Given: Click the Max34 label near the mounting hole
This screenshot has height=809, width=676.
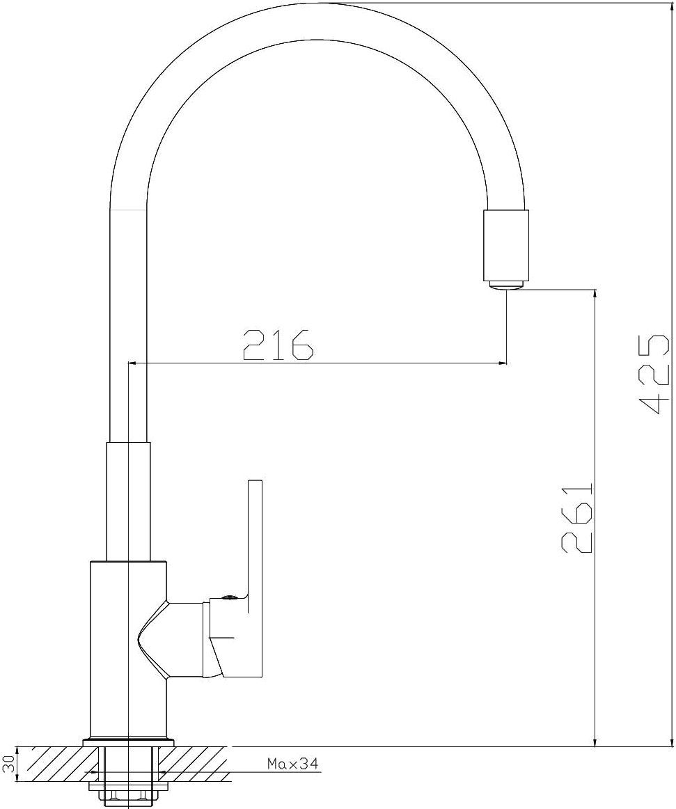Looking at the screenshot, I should (292, 764).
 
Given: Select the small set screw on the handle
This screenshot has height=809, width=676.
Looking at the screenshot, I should (228, 597).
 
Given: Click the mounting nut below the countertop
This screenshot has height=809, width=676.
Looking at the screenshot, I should (129, 790).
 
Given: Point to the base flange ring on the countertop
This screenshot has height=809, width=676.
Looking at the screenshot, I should (129, 742).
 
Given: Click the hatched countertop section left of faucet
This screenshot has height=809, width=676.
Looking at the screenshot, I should (52, 764).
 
